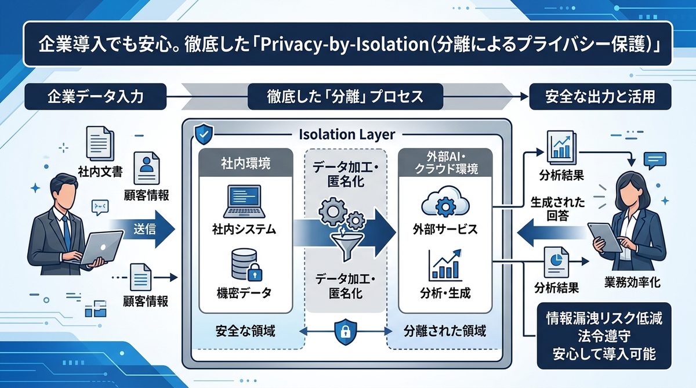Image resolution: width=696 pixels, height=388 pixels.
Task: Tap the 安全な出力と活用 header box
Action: pyautogui.click(x=600, y=96)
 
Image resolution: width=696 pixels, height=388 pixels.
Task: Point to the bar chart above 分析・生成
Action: pyautogui.click(x=443, y=266)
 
